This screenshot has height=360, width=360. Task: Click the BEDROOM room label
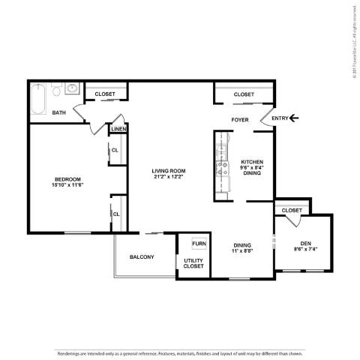point(67,178)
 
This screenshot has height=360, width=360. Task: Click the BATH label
point(59,113)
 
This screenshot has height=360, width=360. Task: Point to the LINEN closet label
point(118,130)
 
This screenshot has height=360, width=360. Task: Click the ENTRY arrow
point(294,117)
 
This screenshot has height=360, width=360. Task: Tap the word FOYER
point(240,119)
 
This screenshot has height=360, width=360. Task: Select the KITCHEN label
point(251,162)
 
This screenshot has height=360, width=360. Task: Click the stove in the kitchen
point(222,166)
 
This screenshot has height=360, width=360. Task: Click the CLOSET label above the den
point(292,211)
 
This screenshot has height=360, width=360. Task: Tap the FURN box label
point(198,244)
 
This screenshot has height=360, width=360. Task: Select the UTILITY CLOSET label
point(193,263)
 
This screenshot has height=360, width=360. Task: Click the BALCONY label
point(142,257)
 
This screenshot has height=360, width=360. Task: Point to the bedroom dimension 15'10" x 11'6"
point(67,184)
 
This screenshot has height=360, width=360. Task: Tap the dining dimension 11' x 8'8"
point(242,250)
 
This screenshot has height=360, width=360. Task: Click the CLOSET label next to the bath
point(105,94)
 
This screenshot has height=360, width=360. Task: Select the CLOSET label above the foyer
point(244,94)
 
